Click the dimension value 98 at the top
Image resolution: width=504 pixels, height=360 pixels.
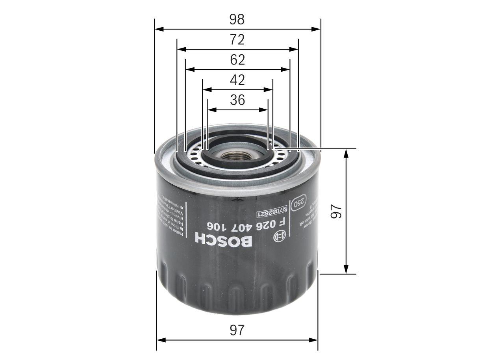click(237, 19)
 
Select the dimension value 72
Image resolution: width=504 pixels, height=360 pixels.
click(237, 40)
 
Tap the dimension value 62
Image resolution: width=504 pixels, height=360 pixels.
click(237, 60)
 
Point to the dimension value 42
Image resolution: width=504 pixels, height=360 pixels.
click(237, 80)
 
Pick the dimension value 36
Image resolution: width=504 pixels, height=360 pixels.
click(237, 100)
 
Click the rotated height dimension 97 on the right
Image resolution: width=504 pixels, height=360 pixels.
click(336, 212)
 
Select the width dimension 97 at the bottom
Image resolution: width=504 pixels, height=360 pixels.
click(237, 330)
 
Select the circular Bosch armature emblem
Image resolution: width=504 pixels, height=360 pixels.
click(278, 237)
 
